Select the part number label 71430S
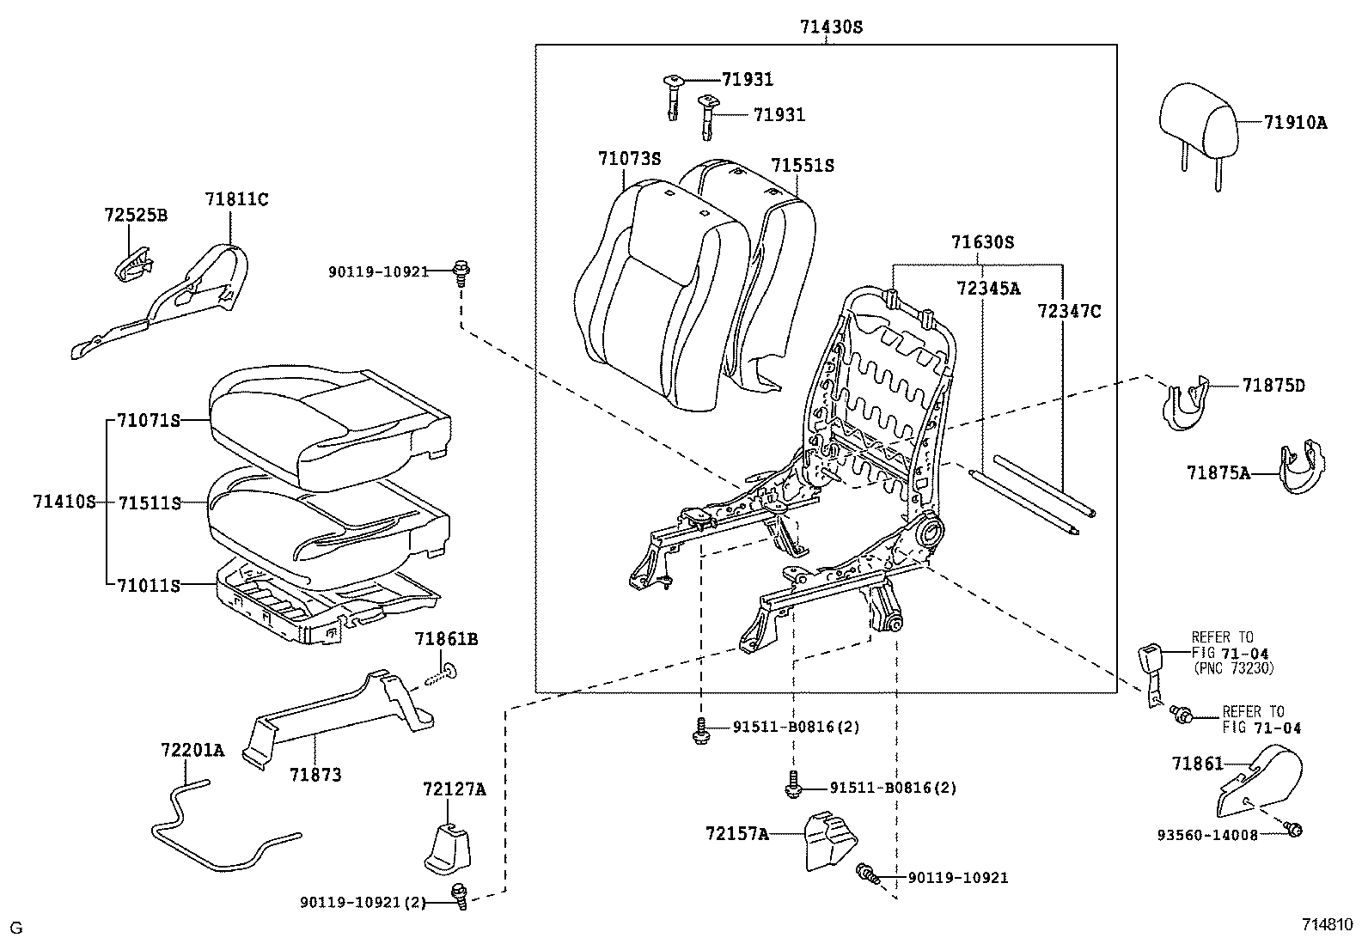(830, 27)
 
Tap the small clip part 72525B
(131, 264)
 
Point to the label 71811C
(236, 199)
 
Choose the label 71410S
(64, 502)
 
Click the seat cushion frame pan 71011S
(327, 601)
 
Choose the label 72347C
(1068, 312)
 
